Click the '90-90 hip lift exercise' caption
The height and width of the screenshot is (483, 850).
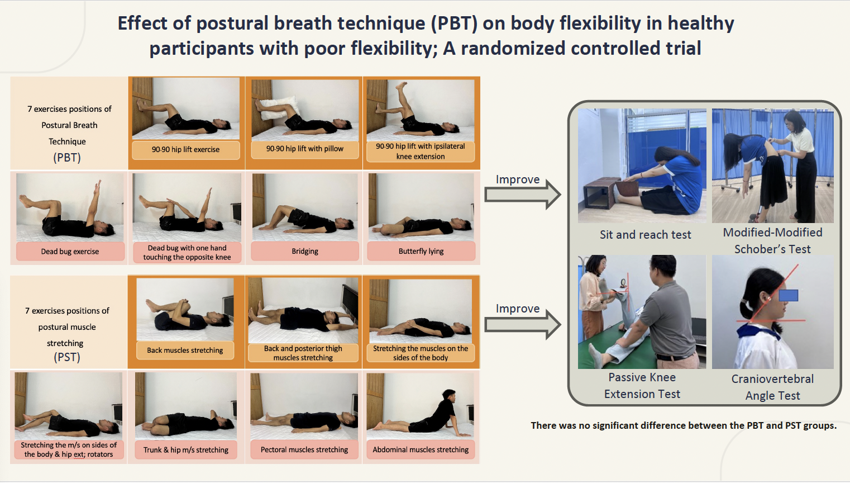point(185,150)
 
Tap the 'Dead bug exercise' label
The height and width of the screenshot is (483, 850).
point(70,252)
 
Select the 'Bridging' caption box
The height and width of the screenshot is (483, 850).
point(305,252)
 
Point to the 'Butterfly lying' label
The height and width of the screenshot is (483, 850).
point(421,252)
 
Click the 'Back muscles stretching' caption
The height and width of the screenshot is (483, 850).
point(185,350)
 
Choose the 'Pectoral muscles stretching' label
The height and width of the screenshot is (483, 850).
point(304,449)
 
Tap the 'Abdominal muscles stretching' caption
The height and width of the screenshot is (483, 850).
point(421,449)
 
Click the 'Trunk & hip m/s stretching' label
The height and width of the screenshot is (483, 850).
point(186,450)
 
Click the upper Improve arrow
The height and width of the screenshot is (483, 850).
point(523,195)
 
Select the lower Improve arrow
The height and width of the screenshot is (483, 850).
point(523,325)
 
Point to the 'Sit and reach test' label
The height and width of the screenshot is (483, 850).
point(646,235)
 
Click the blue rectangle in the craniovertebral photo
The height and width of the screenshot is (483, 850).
point(789,295)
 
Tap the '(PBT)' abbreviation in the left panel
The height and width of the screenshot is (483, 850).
point(67,158)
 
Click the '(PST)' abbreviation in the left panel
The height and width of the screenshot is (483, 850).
point(67,357)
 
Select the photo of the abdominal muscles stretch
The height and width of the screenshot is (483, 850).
point(421,406)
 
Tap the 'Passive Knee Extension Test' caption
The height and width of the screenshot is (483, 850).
point(642,385)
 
